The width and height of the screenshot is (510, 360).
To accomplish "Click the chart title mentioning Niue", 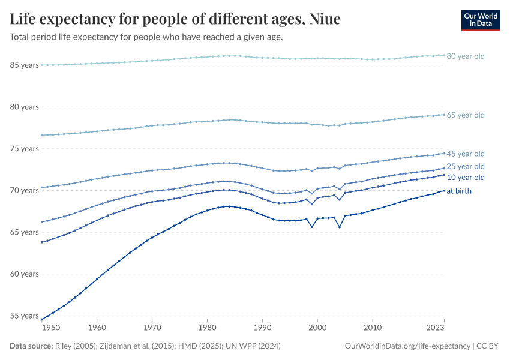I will coord(175,19).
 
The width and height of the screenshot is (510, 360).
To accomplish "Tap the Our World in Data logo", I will coord(481,20).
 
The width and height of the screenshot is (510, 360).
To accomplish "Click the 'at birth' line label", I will coord(459,191).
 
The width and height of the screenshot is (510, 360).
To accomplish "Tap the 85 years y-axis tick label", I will coord(25,65).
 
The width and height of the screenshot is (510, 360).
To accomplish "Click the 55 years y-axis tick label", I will coord(25,316).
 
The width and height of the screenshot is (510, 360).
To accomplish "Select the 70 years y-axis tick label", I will coord(25,190).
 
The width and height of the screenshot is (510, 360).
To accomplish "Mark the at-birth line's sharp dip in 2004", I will coord(340,227).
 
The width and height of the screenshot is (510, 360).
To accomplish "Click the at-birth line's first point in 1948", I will coord(41,319).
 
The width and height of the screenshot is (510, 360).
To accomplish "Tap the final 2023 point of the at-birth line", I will coord(444,190).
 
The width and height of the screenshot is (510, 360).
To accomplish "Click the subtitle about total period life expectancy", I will coord(146,37).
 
